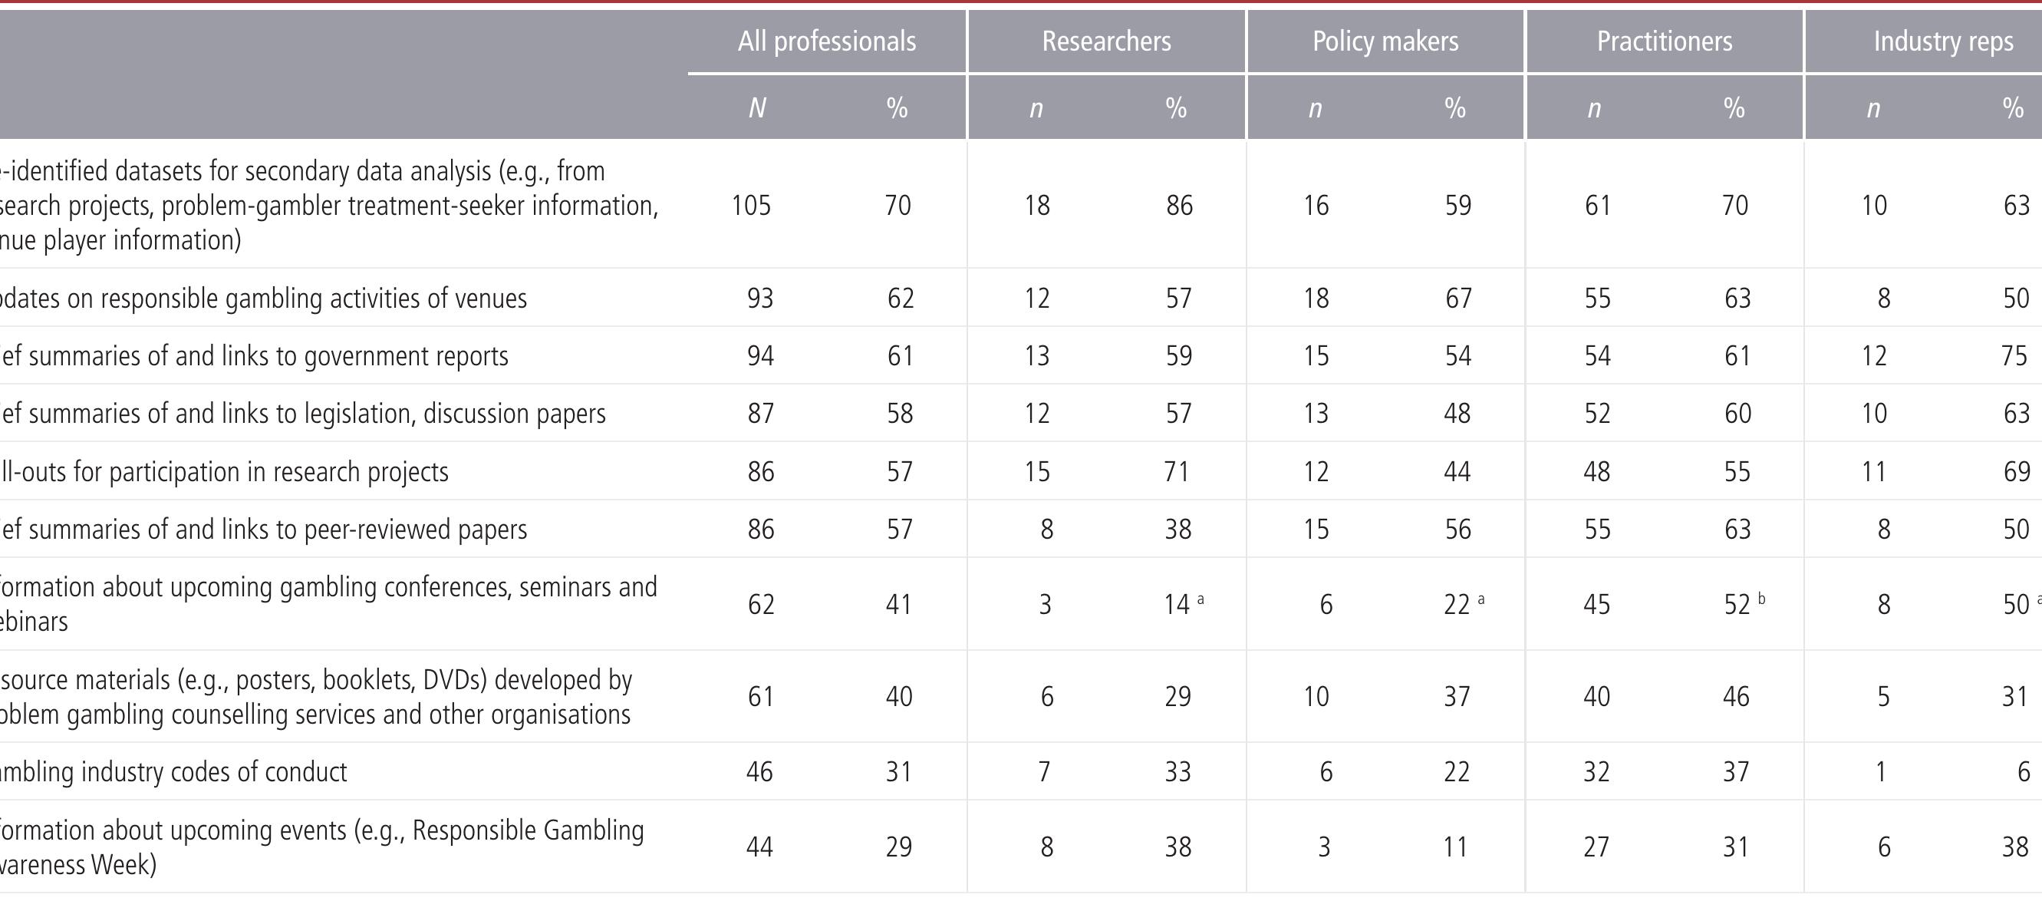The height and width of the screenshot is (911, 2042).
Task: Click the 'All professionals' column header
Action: [827, 41]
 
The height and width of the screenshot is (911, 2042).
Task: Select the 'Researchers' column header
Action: [1106, 41]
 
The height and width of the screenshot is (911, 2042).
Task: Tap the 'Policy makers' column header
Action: [1385, 41]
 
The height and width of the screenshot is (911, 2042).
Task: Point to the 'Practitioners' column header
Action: [1664, 41]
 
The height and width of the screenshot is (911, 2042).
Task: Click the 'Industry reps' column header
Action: [1943, 41]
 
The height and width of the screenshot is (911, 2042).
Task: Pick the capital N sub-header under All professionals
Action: [757, 107]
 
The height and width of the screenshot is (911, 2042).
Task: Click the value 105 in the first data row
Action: [751, 206]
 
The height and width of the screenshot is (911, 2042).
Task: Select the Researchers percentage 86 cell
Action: [1179, 206]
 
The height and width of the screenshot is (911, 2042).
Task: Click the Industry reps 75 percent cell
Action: [2014, 355]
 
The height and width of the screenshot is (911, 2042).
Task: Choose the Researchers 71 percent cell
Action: [1177, 472]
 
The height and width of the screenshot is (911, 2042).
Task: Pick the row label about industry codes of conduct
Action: [173, 771]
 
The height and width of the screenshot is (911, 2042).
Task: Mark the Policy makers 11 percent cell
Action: [1455, 847]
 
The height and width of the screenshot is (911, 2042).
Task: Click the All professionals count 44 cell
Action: [759, 847]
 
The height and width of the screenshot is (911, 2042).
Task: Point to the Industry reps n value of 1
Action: [1880, 771]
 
